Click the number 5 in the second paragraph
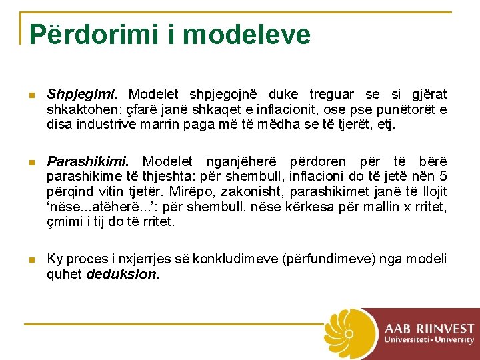tap(442, 177)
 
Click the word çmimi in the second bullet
tap(63, 221)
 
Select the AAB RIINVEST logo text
tap(429, 328)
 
